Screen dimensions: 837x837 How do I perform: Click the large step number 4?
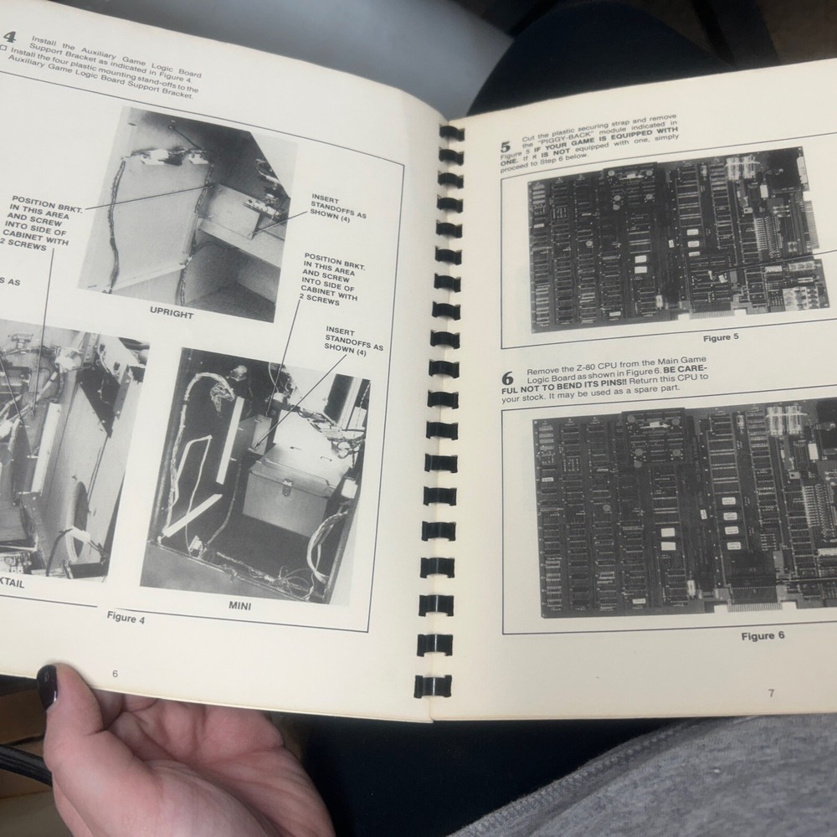11,37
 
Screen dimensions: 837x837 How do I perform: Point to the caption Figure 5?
727,338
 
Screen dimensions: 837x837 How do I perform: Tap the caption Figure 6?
762,636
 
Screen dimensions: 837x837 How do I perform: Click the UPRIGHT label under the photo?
171,315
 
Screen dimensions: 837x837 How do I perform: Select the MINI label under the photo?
239,604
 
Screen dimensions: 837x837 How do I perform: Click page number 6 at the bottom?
115,674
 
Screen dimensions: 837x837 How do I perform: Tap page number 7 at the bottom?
770,692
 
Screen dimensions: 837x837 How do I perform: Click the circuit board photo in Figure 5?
676,243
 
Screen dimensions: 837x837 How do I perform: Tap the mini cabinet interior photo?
255,473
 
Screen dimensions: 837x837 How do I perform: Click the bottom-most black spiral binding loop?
436,684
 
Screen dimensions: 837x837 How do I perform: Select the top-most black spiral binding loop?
451,133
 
